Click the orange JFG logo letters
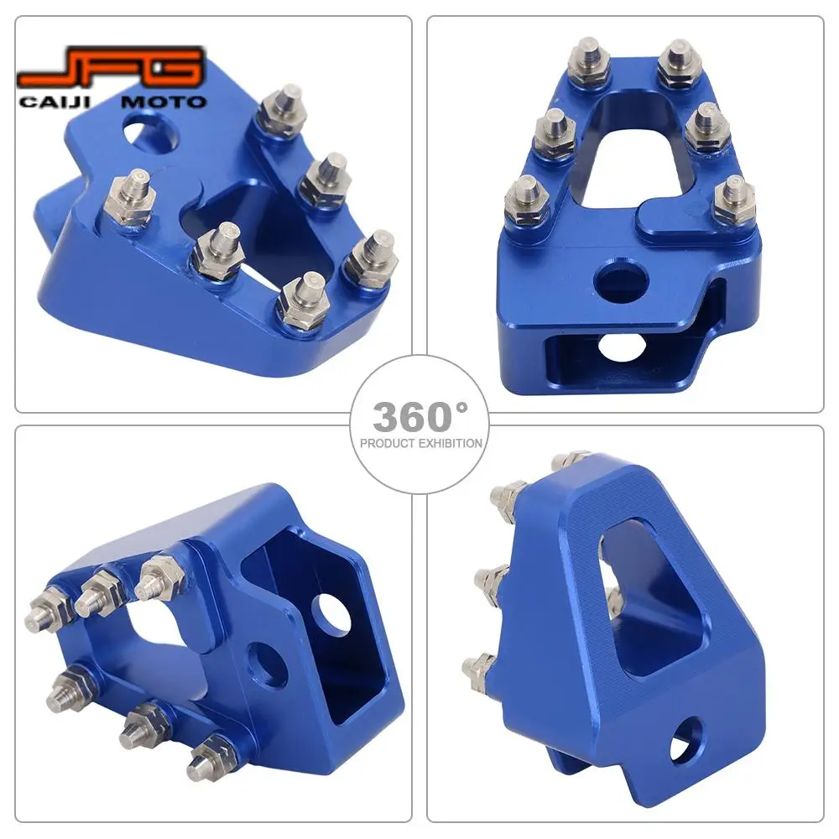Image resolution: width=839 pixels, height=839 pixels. tap(110, 68)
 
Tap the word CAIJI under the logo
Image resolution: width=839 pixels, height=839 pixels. tap(55, 102)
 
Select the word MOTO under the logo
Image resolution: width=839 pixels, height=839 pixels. tap(164, 102)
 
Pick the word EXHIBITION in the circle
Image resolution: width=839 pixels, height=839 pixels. tap(451, 444)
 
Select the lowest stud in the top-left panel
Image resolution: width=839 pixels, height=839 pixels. tap(302, 300)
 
